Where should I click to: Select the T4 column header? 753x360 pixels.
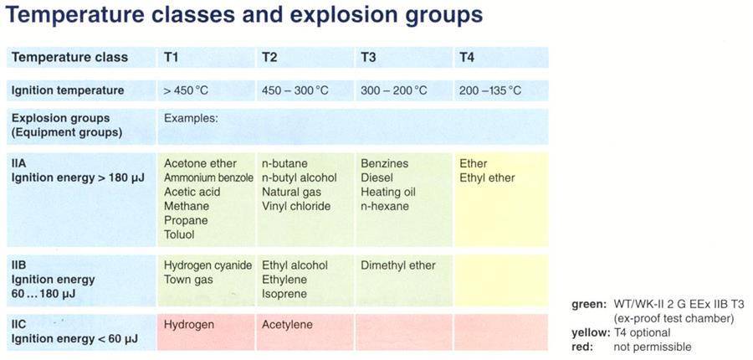tap(467, 58)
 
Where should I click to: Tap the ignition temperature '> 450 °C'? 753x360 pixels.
tap(186, 90)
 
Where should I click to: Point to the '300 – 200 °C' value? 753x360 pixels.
tap(394, 90)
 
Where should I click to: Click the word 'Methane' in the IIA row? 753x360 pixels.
tap(187, 206)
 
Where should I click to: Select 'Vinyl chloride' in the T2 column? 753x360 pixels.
tap(296, 206)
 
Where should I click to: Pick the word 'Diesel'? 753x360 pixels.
tap(377, 177)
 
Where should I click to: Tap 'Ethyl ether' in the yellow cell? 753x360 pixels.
tap(487, 177)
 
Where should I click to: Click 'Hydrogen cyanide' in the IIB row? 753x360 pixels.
tap(208, 265)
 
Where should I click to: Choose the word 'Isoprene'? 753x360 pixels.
tap(284, 294)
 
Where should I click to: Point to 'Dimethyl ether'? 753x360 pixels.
tap(398, 265)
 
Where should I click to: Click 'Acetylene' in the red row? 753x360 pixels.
tap(287, 325)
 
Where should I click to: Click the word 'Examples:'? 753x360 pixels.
tap(191, 118)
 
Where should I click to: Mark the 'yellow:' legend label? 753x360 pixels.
tap(590, 332)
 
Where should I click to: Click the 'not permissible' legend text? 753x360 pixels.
tap(652, 347)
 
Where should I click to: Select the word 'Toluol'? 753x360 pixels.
tap(179, 235)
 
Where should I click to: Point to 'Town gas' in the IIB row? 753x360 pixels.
tap(188, 280)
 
